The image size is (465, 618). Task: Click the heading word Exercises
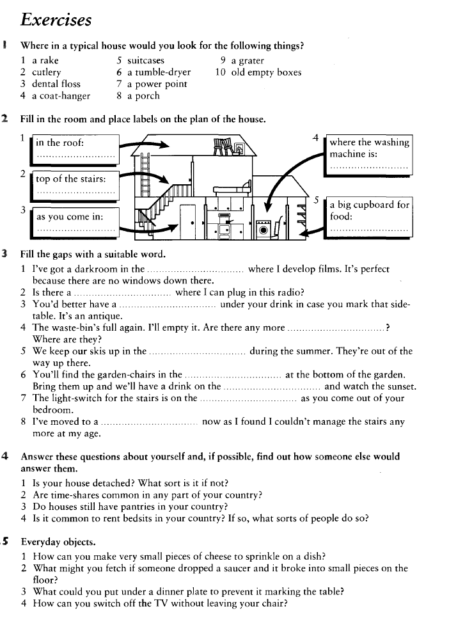[56, 20]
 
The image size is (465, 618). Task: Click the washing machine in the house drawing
[263, 230]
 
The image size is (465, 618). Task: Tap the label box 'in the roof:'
[75, 149]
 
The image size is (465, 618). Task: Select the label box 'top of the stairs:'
[75, 186]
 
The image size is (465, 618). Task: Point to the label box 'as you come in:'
[75, 223]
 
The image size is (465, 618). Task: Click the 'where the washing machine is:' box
[369, 155]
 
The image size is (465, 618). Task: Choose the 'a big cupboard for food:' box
[369, 217]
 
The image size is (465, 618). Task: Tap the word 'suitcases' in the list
[146, 60]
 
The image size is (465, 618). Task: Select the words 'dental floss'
[56, 84]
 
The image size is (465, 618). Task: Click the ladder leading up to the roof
[146, 174]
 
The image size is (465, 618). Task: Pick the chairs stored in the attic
[223, 147]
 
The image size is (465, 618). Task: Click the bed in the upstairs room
[233, 189]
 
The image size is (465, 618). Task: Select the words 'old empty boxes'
[266, 72]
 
